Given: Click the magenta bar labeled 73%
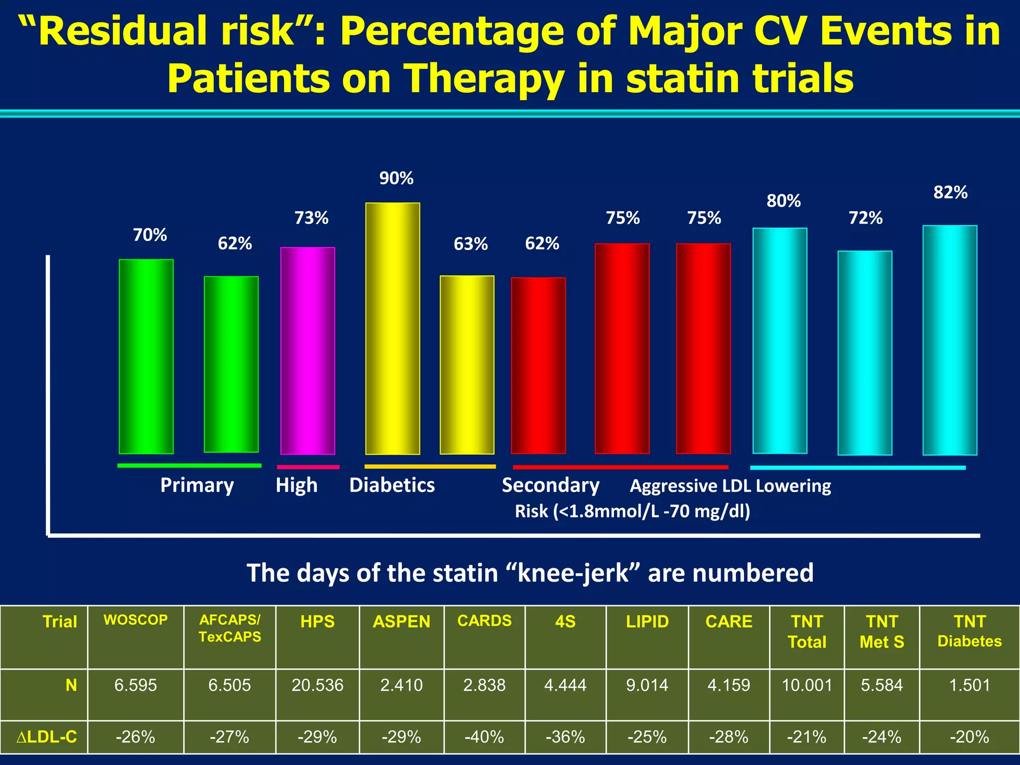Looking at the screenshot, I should click(x=307, y=351).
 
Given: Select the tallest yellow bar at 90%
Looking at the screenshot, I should click(x=392, y=329).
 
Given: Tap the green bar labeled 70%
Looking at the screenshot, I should click(x=146, y=357).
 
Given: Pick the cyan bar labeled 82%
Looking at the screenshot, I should click(x=949, y=341).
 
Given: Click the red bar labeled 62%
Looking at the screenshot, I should click(x=538, y=366).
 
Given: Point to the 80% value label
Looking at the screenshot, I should click(x=783, y=201).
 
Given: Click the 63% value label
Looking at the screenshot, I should click(x=470, y=244).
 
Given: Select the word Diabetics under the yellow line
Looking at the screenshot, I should click(x=392, y=485).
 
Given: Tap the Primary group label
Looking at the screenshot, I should click(x=197, y=485).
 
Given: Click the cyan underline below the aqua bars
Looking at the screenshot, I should click(x=857, y=468).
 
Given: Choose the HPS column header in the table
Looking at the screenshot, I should click(x=317, y=622).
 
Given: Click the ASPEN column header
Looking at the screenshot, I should click(x=401, y=622).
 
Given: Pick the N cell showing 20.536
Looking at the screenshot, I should click(x=317, y=685).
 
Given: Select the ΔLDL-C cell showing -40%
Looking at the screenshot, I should click(x=484, y=737).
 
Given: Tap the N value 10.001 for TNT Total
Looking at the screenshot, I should click(x=807, y=685).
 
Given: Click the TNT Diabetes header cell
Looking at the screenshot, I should click(x=969, y=631).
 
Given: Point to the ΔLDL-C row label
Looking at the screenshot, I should click(x=47, y=737).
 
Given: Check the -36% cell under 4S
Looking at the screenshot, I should click(x=565, y=737).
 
